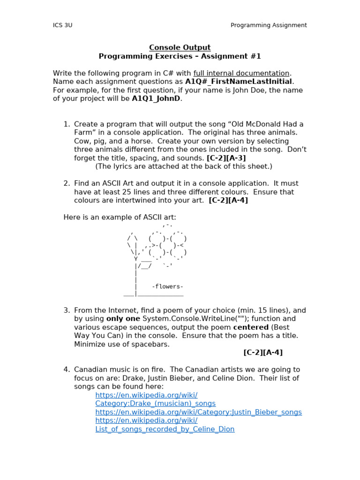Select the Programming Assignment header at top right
269,25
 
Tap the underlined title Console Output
180,47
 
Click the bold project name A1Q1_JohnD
156,98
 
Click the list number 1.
67,124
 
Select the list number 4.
67,369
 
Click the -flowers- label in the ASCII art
167,286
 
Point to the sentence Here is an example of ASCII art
120,217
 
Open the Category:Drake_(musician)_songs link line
155,404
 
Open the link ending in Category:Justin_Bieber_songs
198,412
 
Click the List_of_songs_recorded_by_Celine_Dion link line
165,429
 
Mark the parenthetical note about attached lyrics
183,166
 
